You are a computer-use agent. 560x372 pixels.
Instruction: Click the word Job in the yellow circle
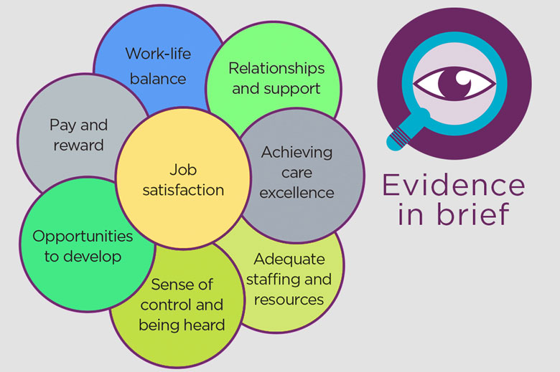tap(182, 170)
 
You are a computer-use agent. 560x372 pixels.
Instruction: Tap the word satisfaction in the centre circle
tap(182, 190)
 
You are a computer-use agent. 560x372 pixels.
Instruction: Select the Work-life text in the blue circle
tap(157, 54)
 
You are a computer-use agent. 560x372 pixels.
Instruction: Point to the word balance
tap(157, 78)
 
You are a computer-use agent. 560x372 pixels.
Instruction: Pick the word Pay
tap(62, 125)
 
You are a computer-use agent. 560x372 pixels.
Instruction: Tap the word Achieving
tap(297, 152)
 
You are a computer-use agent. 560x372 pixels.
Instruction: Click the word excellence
tap(297, 192)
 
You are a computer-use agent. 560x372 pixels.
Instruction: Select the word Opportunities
tap(83, 236)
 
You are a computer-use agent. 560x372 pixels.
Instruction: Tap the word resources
tap(289, 299)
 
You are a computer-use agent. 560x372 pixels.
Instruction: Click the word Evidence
tap(453, 186)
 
